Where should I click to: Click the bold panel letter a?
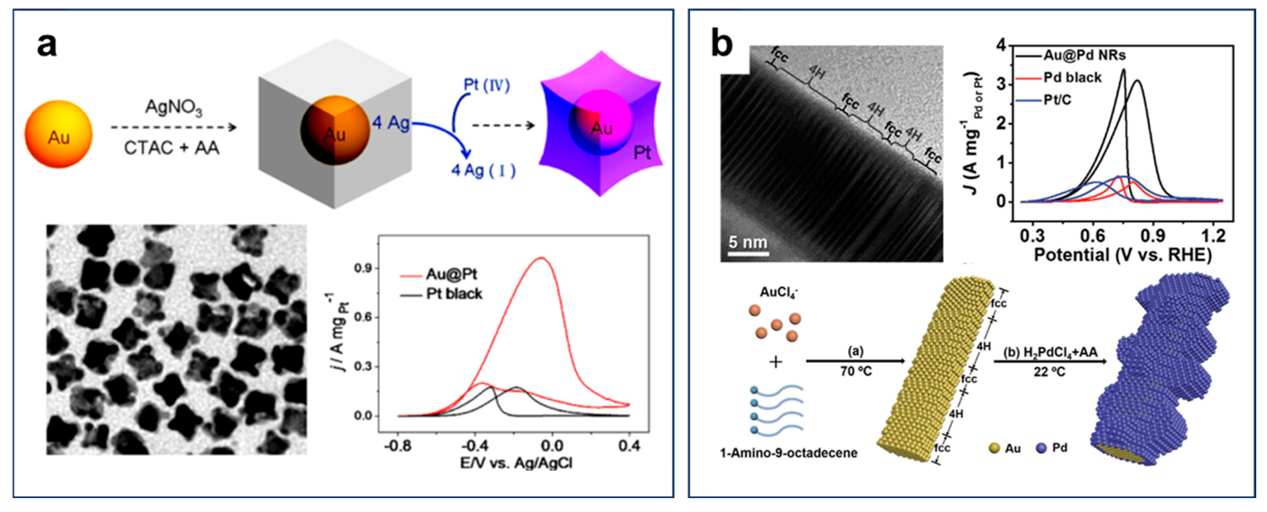[47, 45]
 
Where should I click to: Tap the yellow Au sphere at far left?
[58, 134]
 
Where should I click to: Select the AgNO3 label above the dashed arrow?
[173, 108]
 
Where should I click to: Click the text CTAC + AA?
[172, 147]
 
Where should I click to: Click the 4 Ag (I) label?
[483, 170]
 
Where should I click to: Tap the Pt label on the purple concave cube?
[641, 152]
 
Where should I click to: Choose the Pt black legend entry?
[454, 294]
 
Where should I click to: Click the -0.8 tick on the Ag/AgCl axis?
[397, 446]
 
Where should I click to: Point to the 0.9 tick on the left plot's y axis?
[363, 268]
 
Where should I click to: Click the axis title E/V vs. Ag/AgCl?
[516, 463]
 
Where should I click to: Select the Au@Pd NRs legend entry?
[1084, 55]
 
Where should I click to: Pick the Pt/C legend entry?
[1057, 100]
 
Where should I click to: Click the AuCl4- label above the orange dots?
[779, 292]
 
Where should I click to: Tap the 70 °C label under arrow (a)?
[856, 371]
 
